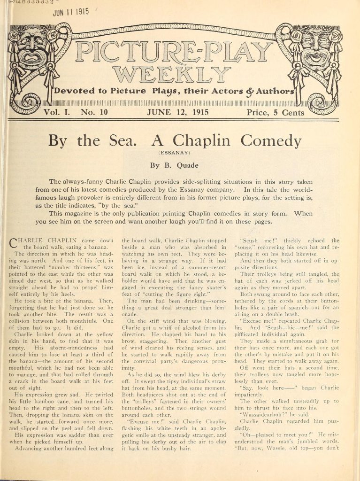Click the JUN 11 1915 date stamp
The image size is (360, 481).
click(x=71, y=12)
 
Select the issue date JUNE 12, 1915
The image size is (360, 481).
click(x=178, y=113)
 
